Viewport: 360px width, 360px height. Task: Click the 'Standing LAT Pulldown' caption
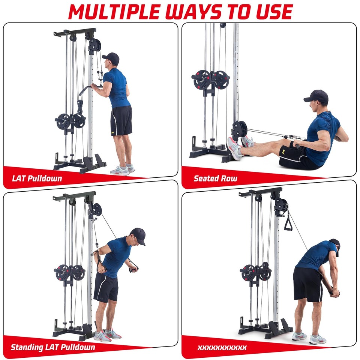[53, 347]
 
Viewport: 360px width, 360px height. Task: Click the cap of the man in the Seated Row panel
[317, 97]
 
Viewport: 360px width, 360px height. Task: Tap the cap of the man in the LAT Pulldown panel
[111, 58]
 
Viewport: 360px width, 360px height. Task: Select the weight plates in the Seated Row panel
[210, 79]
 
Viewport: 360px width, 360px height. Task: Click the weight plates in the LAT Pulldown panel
[71, 121]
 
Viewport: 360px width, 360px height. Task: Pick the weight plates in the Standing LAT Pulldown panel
[70, 273]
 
